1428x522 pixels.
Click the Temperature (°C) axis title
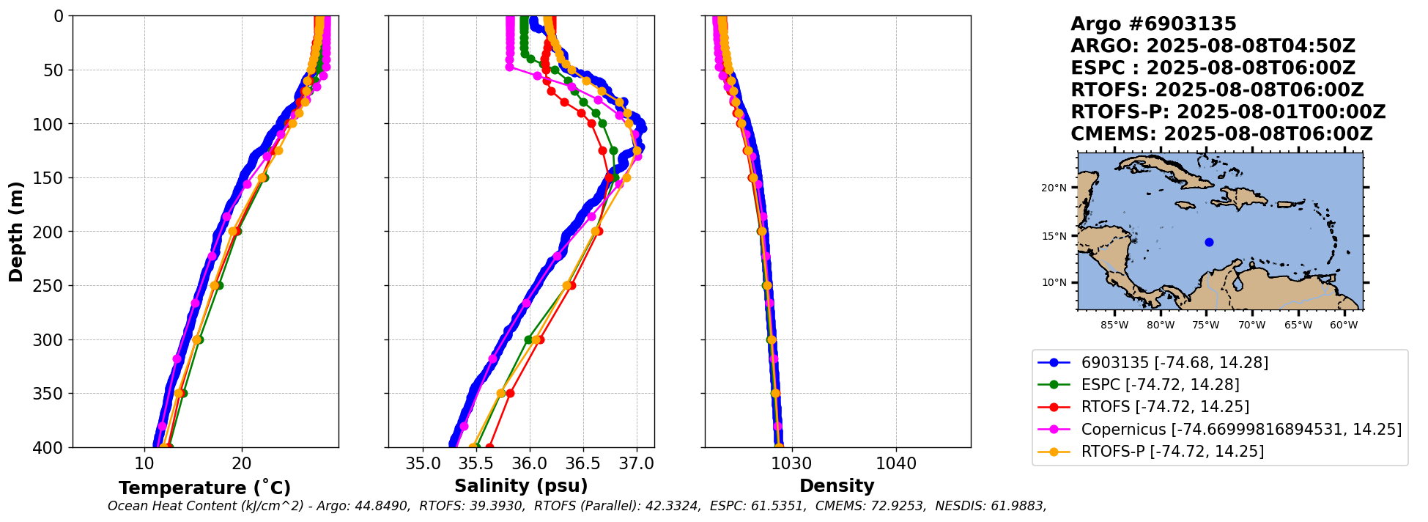tap(204, 488)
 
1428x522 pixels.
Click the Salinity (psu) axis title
tap(521, 486)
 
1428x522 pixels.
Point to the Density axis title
tap(837, 486)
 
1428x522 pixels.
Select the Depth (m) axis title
tap(16, 232)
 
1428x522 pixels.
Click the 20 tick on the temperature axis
tap(242, 463)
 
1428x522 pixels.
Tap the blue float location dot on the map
tap(1209, 242)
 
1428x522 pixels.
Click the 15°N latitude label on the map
tap(1054, 236)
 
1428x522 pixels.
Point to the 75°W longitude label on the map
tap(1206, 325)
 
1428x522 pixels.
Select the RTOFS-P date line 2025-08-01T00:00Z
tap(1281, 112)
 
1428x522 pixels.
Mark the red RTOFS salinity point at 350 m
tap(510, 394)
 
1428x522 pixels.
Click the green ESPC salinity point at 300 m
tap(528, 339)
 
